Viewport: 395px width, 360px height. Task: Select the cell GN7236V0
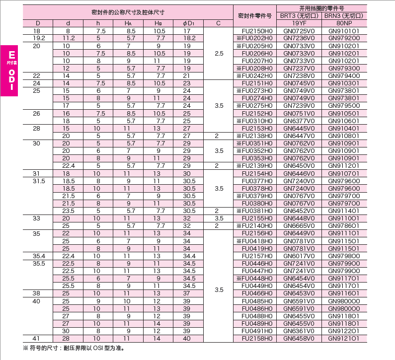tap(299, 38)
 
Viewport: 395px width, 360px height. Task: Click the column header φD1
tap(187, 23)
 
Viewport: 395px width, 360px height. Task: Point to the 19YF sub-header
tap(299, 23)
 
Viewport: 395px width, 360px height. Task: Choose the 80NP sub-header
tap(344, 23)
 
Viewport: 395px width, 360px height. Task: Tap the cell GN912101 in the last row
tap(344, 339)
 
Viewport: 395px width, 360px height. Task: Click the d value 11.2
tap(69, 38)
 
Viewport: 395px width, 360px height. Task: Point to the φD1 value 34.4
tap(187, 256)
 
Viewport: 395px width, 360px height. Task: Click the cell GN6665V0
tap(299, 225)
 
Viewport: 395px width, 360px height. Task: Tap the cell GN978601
tap(344, 225)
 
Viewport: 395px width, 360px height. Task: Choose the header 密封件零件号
tap(254, 15)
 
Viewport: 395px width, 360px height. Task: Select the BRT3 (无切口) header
tap(299, 16)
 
